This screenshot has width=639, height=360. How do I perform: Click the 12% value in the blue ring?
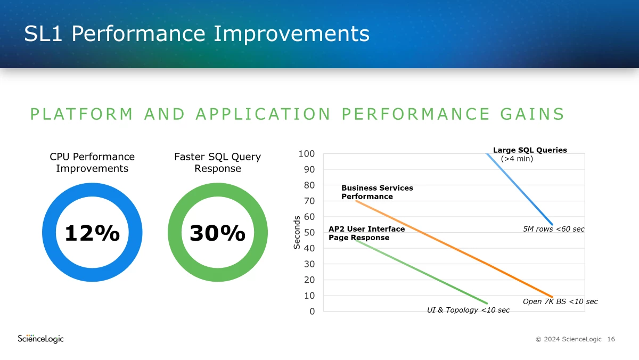click(x=92, y=233)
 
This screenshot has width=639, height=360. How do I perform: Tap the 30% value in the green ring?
click(x=217, y=233)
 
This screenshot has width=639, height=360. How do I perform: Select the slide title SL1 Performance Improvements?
click(x=197, y=34)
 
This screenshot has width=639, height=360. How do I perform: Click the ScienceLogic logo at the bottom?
click(x=40, y=339)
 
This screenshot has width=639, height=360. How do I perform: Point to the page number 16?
click(x=611, y=339)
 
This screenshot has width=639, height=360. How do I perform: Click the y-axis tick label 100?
click(x=306, y=154)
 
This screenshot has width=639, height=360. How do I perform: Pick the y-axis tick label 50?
click(x=309, y=233)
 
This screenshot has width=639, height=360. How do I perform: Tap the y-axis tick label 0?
click(x=312, y=311)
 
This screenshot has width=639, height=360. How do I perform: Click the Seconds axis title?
click(x=297, y=233)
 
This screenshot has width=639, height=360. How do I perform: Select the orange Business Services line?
click(x=454, y=249)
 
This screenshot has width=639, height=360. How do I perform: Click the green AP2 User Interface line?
click(x=421, y=272)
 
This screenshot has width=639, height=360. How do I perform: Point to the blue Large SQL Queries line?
click(x=520, y=190)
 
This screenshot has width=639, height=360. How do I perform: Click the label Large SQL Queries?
click(x=530, y=150)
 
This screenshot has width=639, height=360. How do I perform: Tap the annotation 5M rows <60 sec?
click(x=553, y=229)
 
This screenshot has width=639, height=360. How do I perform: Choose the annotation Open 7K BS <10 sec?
click(x=560, y=301)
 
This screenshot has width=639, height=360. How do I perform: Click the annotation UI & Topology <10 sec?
click(x=468, y=310)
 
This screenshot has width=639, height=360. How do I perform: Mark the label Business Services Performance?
click(x=377, y=192)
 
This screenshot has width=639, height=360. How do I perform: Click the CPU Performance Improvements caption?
click(x=92, y=162)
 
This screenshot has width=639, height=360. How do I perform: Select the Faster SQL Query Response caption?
click(x=217, y=162)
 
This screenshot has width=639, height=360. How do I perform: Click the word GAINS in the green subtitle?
click(x=532, y=114)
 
